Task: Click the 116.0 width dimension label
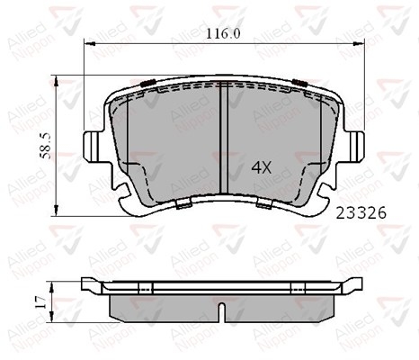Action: pos(223,33)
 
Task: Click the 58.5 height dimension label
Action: pos(46,146)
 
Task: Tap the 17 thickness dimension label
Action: pos(40,302)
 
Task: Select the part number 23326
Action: pos(361,213)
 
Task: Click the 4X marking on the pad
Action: pos(262,167)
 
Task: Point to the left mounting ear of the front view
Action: pos(91,147)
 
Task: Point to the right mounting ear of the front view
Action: pos(357,147)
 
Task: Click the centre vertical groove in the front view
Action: pos(224,138)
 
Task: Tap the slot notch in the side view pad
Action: pos(221,312)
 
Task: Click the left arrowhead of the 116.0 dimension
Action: pos(90,44)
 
